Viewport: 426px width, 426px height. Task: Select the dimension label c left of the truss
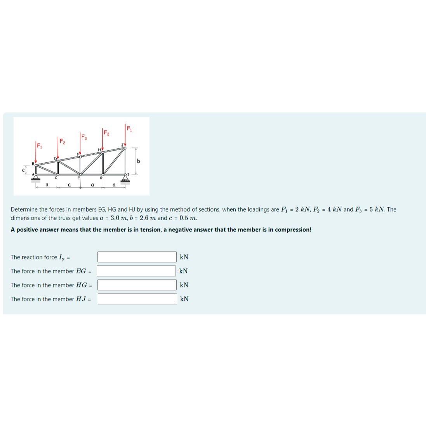23,170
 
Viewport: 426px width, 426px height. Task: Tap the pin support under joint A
36,179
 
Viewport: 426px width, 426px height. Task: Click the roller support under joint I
125,179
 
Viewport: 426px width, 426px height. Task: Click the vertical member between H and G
103,163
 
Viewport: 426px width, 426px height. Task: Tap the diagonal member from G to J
114,161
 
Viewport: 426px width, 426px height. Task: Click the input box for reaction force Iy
137,257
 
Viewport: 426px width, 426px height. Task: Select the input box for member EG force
137,271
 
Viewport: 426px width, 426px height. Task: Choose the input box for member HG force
137,285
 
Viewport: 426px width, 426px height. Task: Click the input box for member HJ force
137,299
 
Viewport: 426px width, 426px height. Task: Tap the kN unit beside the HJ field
184,299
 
